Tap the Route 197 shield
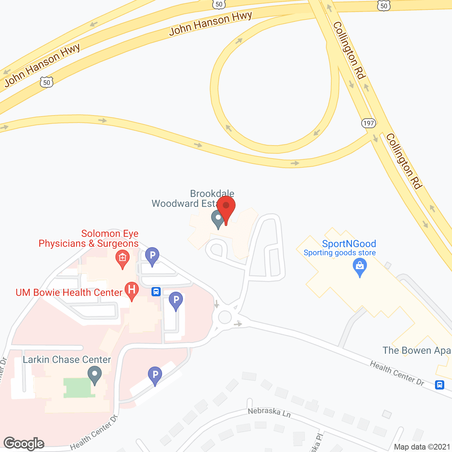(368, 123)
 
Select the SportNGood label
(349, 244)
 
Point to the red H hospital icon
(132, 290)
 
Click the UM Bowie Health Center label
(69, 292)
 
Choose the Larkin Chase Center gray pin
(94, 374)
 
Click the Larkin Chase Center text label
(67, 359)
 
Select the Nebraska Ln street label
(269, 412)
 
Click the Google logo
(24, 443)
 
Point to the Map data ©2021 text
(422, 447)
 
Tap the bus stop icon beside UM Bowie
(156, 292)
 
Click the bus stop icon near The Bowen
(440, 385)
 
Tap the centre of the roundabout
(225, 317)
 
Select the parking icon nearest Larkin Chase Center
(155, 375)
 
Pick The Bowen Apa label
(417, 350)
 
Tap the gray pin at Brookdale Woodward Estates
(218, 218)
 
